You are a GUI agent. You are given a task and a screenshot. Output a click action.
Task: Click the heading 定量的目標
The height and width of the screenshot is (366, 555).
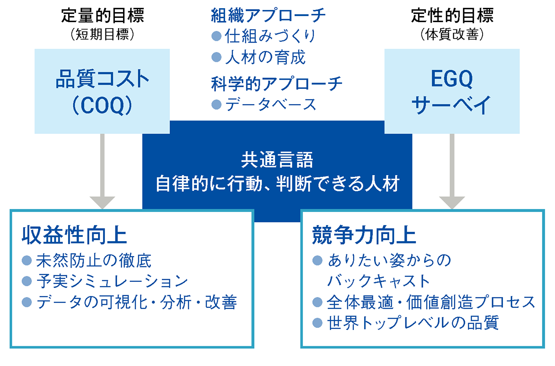tap(102, 16)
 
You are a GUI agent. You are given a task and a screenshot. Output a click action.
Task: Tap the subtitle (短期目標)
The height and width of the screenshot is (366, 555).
tap(102, 35)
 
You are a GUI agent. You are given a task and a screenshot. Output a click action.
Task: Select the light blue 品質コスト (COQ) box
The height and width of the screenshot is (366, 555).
tap(102, 91)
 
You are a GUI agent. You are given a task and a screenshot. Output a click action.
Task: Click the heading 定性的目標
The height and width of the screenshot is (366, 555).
tap(452, 16)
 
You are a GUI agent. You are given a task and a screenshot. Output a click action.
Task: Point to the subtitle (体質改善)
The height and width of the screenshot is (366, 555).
tap(452, 35)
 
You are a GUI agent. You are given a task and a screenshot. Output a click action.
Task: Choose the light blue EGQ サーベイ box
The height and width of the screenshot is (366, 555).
tap(452, 91)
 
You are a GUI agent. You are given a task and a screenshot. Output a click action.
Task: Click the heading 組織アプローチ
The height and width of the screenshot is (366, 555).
tap(268, 16)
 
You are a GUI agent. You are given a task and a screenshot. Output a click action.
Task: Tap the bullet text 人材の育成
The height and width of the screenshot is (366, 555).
tap(265, 57)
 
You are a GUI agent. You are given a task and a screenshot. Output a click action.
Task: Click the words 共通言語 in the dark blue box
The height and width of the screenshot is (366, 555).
tap(277, 161)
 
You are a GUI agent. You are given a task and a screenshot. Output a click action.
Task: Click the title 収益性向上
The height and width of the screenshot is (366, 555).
tap(74, 235)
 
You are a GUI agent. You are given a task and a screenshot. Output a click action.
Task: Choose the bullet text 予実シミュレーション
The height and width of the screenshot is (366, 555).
tap(112, 281)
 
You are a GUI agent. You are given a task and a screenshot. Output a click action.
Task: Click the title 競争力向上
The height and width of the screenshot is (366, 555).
tap(364, 235)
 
